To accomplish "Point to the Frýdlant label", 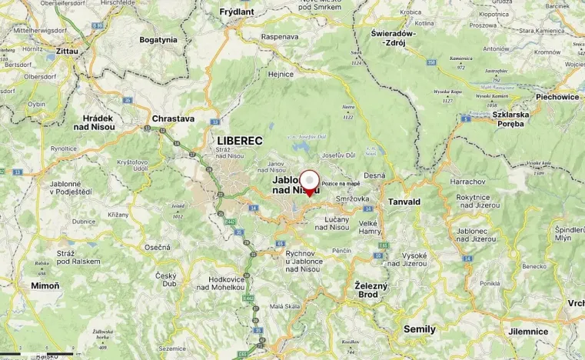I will (236, 12).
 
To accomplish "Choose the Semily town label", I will (419, 329).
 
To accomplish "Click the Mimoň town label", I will (45, 285).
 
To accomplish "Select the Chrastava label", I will (173, 119).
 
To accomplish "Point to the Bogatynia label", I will (158, 39).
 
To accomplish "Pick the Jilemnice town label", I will (528, 332).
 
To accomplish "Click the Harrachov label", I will (464, 182).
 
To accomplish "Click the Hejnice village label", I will (280, 74).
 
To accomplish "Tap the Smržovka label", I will (352, 198).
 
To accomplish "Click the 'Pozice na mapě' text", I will (341, 185).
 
